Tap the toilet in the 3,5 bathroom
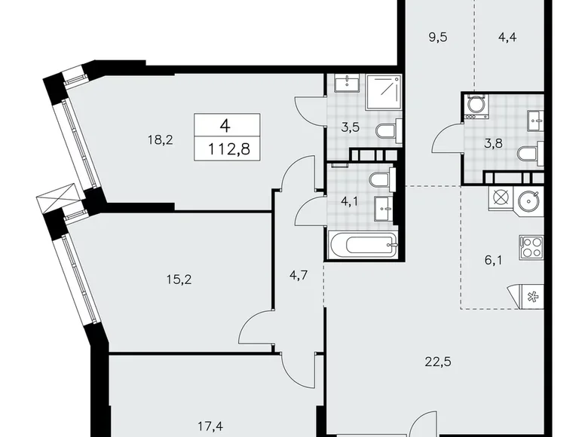point(386,133)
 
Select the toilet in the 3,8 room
point(528,154)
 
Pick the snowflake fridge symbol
point(532,295)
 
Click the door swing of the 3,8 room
point(446,139)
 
